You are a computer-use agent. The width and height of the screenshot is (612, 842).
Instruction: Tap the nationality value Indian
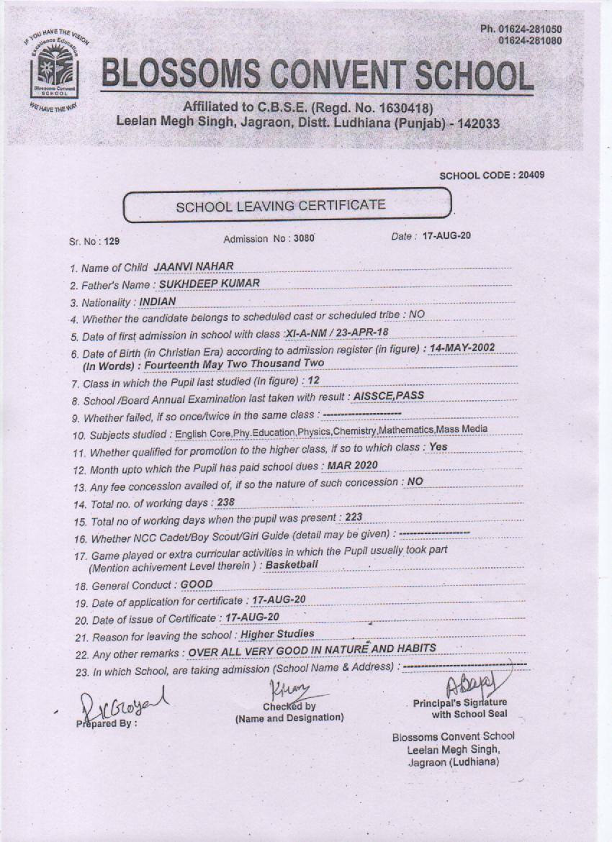coord(158,302)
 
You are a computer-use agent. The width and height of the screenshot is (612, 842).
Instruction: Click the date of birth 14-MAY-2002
coord(462,348)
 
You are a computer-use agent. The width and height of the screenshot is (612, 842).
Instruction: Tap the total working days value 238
coord(225,502)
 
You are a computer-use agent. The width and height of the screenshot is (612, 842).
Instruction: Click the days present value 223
coord(354,517)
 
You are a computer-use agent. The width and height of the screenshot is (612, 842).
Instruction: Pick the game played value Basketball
coord(292,565)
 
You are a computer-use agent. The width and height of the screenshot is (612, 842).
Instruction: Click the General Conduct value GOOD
coord(197,584)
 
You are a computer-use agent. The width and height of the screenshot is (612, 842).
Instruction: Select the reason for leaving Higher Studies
coord(277,634)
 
